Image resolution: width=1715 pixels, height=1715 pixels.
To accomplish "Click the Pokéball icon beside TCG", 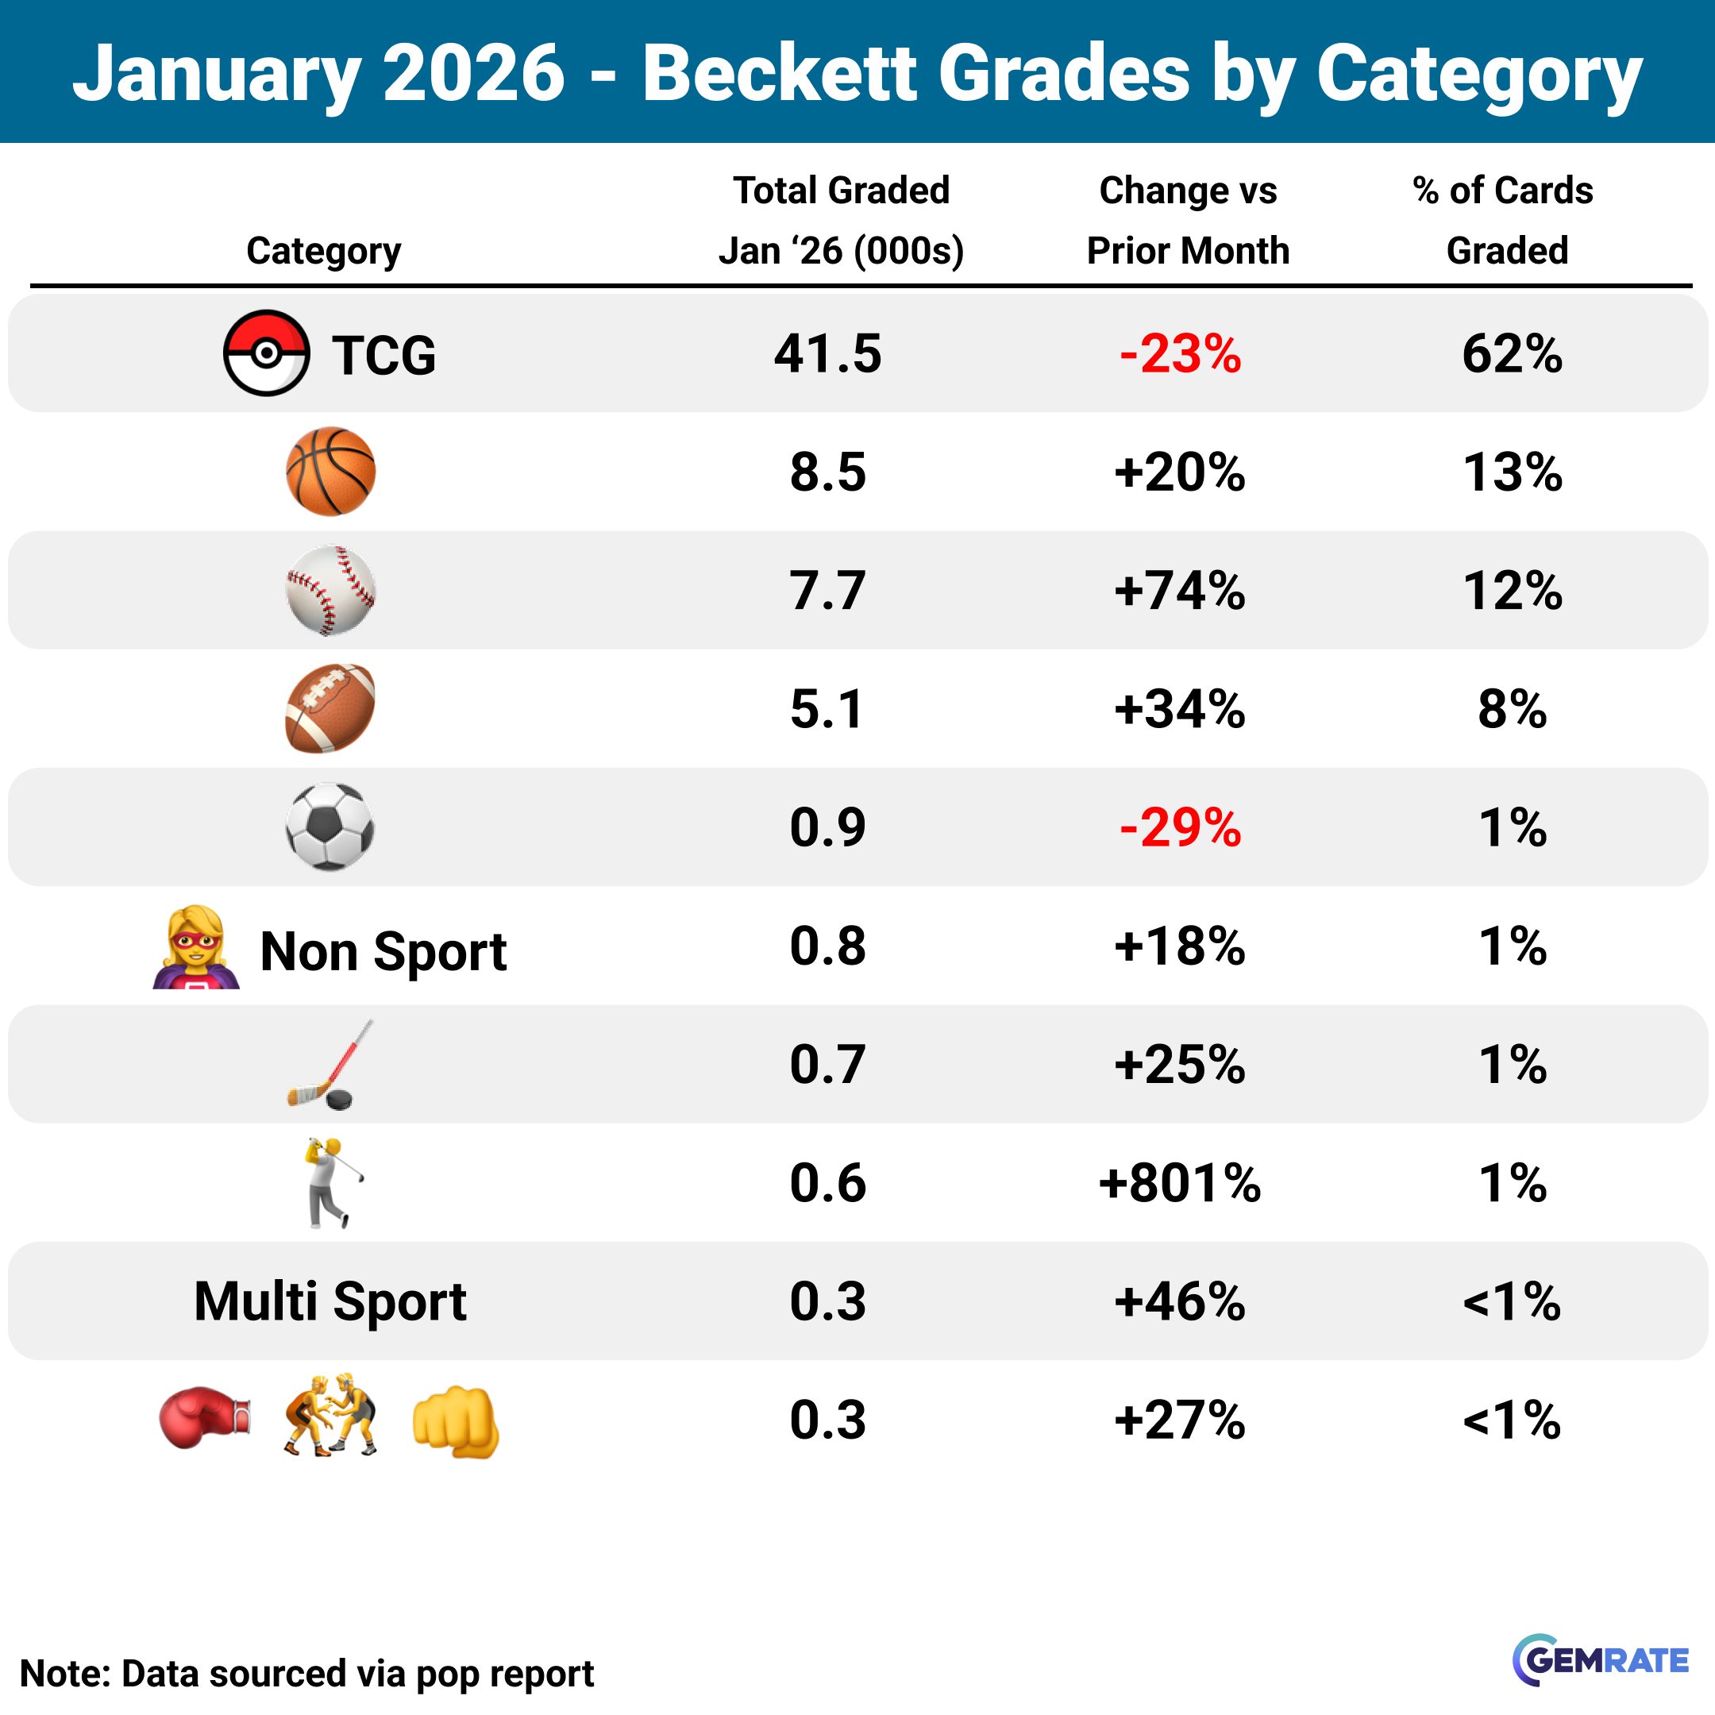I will (x=266, y=353).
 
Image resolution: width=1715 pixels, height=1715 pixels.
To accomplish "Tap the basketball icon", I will (x=330, y=472).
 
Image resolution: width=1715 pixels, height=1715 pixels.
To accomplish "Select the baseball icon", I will (x=330, y=590).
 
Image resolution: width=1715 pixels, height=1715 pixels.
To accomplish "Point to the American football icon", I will (x=330, y=708).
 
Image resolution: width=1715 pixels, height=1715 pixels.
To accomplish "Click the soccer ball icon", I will (x=330, y=827).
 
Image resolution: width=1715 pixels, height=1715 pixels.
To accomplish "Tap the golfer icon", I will (x=332, y=1182).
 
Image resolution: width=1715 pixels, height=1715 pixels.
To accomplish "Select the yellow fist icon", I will (x=456, y=1420).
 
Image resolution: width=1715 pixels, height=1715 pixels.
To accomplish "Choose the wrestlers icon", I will (x=330, y=1416).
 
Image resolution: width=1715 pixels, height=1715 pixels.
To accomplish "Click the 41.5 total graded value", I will (x=827, y=353).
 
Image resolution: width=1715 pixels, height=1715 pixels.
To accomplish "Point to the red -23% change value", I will (x=1180, y=353).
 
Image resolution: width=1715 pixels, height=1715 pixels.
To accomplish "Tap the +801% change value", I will (x=1180, y=1182).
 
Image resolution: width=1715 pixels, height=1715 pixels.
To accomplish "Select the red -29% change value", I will (x=1180, y=827).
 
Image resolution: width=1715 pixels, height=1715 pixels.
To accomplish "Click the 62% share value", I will (x=1512, y=353).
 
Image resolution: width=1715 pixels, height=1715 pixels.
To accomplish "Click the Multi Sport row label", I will (x=330, y=1301).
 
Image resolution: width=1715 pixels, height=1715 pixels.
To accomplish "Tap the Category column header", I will (x=323, y=251).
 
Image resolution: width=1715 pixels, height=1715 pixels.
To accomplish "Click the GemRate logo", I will (x=1601, y=1659).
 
